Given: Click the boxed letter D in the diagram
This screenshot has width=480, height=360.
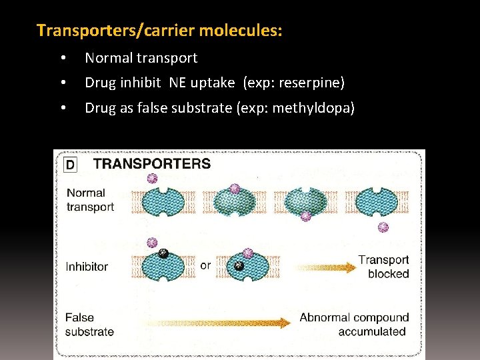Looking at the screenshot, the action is click(x=70, y=164).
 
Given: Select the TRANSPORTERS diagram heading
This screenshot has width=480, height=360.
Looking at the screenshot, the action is click(x=151, y=163).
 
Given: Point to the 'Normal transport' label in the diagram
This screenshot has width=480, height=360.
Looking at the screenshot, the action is click(x=90, y=200).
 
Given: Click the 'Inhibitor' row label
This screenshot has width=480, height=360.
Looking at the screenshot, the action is click(x=87, y=267).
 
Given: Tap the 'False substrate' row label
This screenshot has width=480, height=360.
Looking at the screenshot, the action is click(x=89, y=325).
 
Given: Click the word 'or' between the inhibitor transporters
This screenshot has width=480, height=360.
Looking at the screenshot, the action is click(x=205, y=265).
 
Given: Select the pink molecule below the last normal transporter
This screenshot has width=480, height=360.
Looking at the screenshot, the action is click(x=383, y=227).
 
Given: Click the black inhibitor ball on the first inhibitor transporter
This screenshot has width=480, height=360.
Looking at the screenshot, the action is click(x=163, y=253).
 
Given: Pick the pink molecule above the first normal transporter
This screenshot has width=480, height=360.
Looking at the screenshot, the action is click(x=152, y=178).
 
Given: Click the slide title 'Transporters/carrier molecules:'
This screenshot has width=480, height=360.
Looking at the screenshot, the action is click(x=159, y=31).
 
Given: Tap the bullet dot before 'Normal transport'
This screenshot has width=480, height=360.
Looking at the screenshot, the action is click(x=63, y=59).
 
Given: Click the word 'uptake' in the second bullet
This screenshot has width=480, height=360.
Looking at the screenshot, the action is click(x=215, y=83).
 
